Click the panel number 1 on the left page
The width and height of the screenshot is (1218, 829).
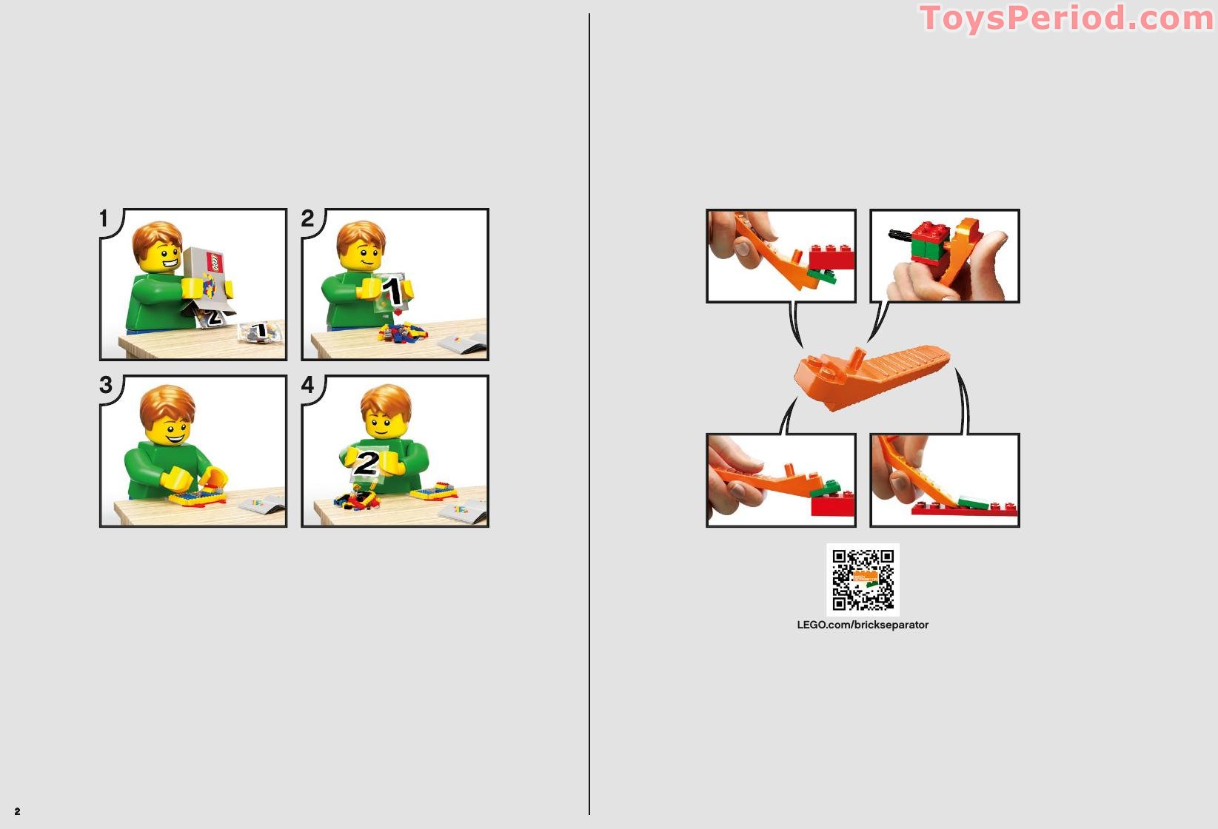[104, 218]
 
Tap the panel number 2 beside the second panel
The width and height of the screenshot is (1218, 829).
[307, 218]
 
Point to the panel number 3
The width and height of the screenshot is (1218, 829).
[105, 385]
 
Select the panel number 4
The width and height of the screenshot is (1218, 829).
[308, 385]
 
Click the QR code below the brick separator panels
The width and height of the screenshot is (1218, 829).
[863, 580]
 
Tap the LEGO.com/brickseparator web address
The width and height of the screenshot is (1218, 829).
[863, 625]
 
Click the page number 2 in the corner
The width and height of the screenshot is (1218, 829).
[18, 811]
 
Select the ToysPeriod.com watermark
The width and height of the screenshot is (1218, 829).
[1067, 18]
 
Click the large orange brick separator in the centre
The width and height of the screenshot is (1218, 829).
[870, 376]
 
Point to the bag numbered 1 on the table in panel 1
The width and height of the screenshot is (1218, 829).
[261, 331]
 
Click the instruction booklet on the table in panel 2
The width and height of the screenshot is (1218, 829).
[463, 343]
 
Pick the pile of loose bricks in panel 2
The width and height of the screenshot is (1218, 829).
[402, 332]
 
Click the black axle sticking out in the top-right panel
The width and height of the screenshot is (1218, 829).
[900, 235]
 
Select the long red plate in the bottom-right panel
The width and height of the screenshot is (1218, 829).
[963, 509]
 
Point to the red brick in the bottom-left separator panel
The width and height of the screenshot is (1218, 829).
[832, 504]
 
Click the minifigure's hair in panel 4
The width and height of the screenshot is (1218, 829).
[386, 400]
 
